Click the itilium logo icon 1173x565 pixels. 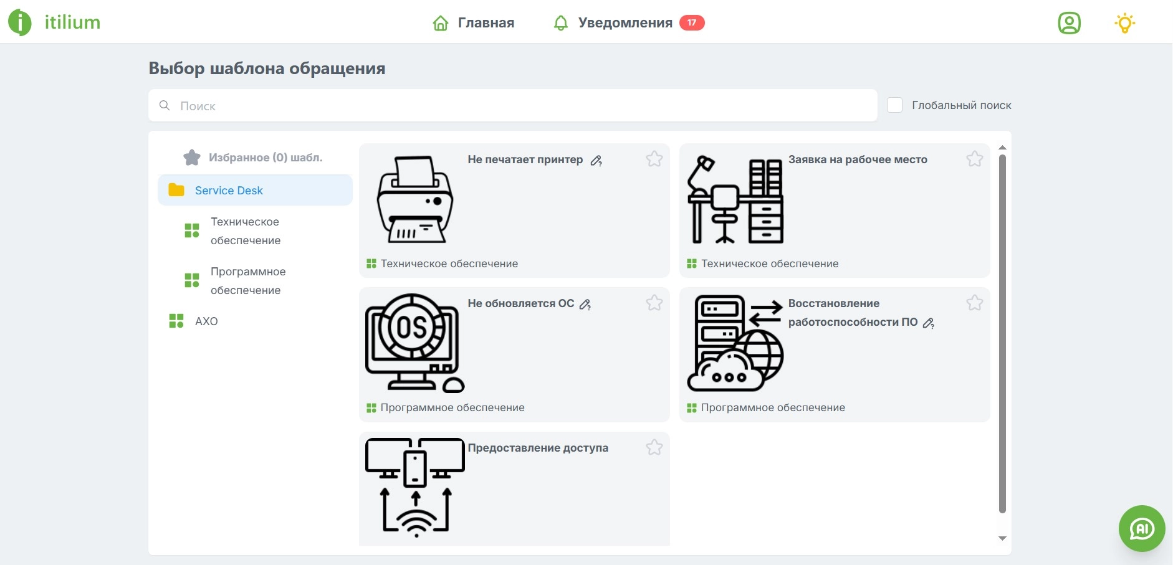point(19,22)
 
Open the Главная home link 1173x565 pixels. point(474,23)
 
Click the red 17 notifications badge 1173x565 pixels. point(691,23)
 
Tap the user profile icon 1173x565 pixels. point(1069,23)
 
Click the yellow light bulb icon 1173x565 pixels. point(1124,23)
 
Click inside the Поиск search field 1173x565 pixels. point(511,106)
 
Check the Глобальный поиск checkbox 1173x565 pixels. point(894,105)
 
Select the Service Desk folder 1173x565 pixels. point(229,191)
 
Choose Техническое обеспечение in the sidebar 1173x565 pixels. point(245,231)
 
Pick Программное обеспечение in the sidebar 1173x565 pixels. point(247,281)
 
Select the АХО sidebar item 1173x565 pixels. point(206,321)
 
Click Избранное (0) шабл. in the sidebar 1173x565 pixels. point(265,158)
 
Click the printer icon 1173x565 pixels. point(414,199)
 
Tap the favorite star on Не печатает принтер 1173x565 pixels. point(654,159)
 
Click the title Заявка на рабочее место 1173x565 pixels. point(858,159)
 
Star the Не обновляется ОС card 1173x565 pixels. point(654,303)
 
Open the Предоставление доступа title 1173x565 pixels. point(538,448)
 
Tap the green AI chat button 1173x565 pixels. point(1141,528)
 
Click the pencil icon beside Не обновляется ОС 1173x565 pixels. point(585,305)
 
